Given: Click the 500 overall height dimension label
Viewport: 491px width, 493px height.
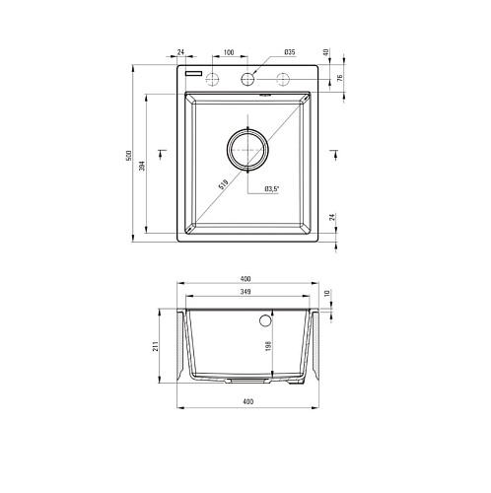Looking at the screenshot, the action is coord(129,156).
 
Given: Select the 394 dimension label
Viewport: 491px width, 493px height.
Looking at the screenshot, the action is coord(142,166).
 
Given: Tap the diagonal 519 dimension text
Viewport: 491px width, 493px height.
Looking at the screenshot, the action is coord(223,184).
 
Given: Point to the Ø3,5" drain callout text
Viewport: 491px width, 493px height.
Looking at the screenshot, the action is coord(271,189).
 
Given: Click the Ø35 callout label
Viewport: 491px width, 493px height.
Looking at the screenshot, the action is coord(290,52).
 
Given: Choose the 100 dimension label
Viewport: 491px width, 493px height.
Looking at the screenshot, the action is coord(229,52).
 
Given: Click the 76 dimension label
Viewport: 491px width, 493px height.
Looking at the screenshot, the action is coord(340,78).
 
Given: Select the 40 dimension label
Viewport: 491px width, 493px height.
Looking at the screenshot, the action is coord(326,52).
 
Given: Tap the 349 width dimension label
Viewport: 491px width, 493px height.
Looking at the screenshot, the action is coord(245,292).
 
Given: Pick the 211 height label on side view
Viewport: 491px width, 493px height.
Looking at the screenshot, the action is coord(156,346).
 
